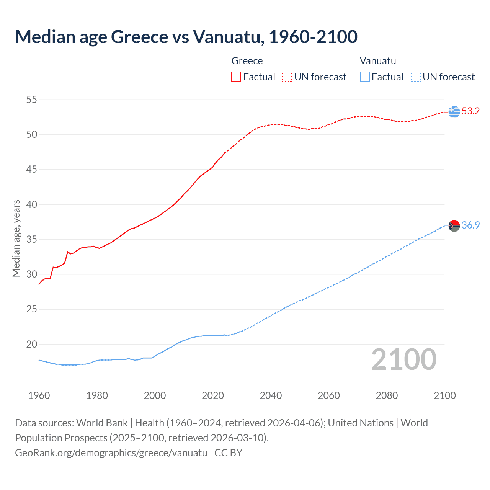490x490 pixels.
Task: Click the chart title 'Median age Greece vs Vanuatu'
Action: click(186, 37)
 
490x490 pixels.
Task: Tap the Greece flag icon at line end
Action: click(454, 111)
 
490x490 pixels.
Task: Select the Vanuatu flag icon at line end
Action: click(454, 226)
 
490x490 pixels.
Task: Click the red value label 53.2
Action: click(470, 111)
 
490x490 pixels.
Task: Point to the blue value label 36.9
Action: click(470, 225)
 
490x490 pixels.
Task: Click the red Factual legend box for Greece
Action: click(236, 77)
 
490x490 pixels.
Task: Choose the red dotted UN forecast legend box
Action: click(287, 77)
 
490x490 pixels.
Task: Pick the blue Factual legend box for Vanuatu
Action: click(365, 77)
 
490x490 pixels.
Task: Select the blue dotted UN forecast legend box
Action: click(415, 77)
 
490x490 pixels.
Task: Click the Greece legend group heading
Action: click(247, 61)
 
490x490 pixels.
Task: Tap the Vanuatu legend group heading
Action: click(378, 61)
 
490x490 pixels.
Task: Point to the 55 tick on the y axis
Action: click(32, 100)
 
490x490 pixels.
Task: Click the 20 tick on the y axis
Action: click(32, 344)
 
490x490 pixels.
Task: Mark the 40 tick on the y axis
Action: click(32, 204)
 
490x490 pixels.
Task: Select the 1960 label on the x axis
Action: click(39, 395)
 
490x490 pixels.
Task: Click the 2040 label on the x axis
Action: click(271, 395)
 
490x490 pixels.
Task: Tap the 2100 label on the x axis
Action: click(444, 395)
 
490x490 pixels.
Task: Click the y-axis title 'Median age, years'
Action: click(16, 238)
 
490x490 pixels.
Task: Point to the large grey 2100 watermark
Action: click(403, 359)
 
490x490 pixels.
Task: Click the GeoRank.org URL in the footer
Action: click(111, 453)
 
